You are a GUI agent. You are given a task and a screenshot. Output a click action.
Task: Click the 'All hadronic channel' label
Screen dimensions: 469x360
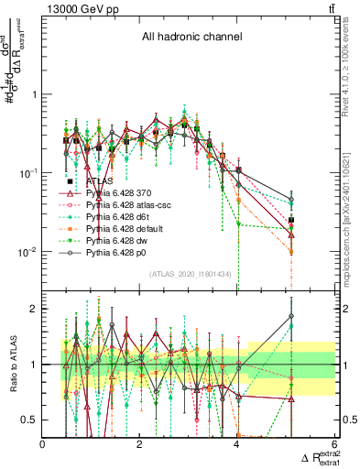click(191, 38)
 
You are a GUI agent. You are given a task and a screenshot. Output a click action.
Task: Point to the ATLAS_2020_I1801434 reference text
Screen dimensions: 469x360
click(191, 274)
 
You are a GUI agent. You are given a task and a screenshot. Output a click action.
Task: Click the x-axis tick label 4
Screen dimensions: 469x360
click(237, 444)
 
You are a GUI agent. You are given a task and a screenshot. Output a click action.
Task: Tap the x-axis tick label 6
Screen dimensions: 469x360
click(334, 444)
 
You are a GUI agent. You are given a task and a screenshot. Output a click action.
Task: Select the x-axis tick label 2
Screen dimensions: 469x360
click(140, 444)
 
